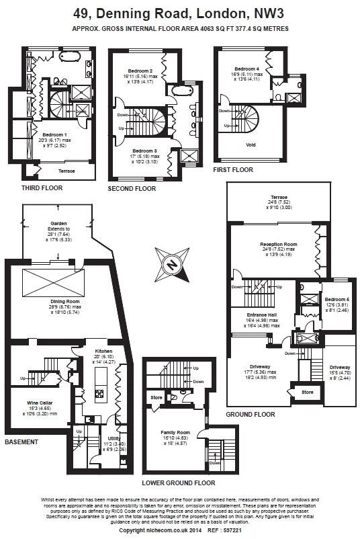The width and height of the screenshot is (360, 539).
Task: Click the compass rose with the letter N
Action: point(172,265)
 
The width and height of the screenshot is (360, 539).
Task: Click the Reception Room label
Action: point(279,245)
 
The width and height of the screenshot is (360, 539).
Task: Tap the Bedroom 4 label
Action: point(246,69)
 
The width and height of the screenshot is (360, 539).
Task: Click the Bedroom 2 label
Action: point(140,71)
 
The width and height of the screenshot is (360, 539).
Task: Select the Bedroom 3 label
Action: point(144,151)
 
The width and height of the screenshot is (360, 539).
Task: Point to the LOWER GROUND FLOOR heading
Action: point(179,483)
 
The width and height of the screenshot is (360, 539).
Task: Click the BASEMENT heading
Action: point(21,442)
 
